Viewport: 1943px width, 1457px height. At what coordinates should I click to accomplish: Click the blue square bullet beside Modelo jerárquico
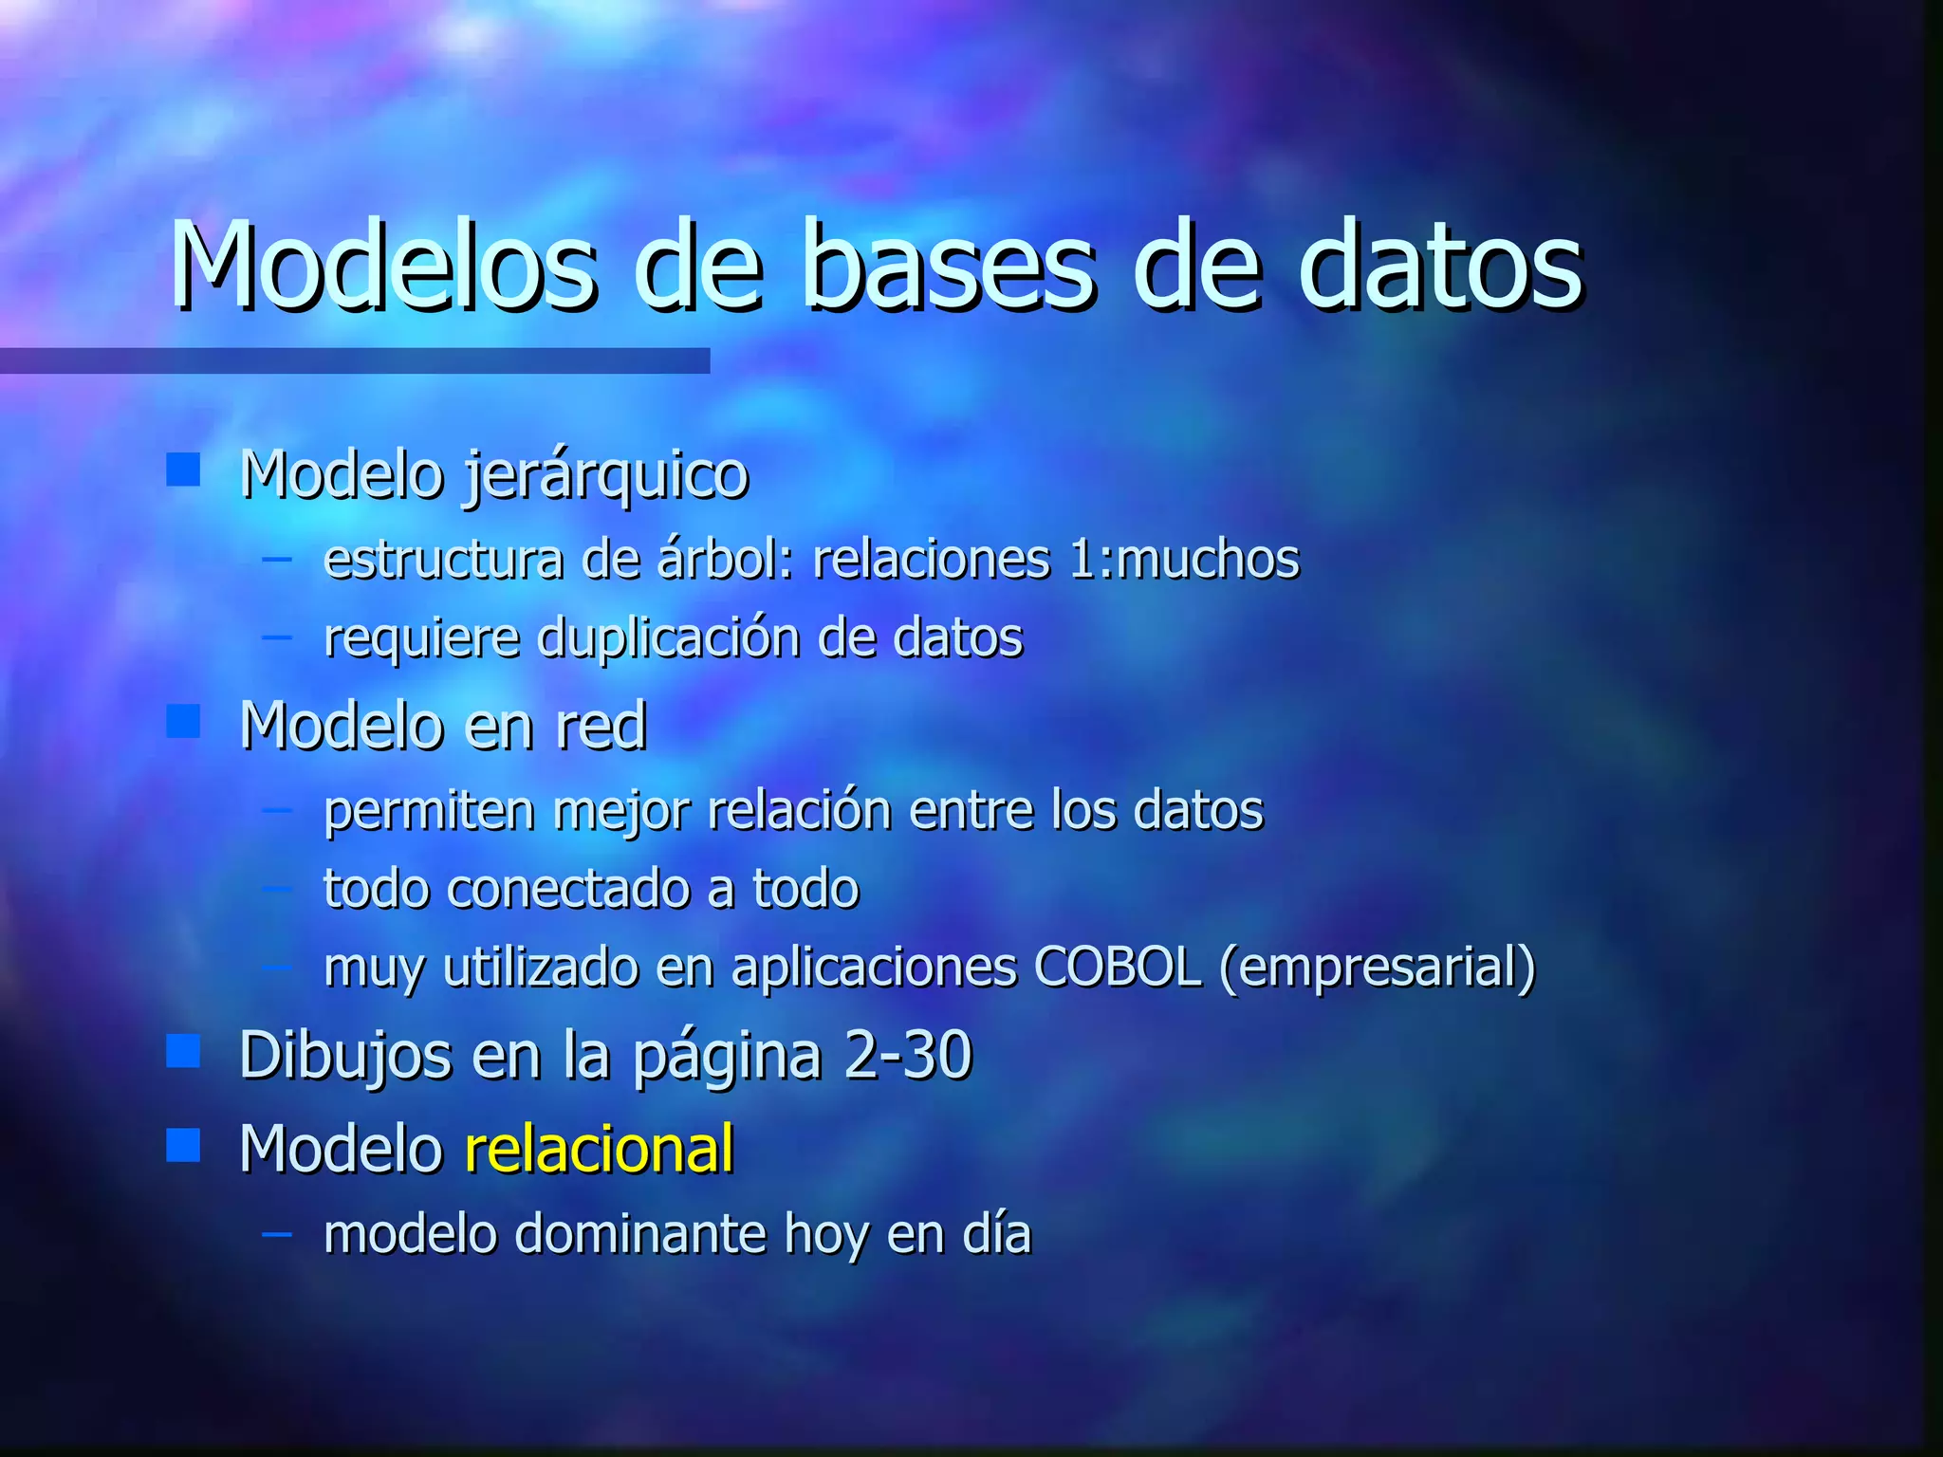point(183,469)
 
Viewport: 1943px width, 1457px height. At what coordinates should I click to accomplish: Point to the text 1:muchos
point(1184,560)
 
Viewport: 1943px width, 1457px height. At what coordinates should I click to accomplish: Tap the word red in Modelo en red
point(601,727)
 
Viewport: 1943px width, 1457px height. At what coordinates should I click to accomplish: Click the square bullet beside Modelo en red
point(183,721)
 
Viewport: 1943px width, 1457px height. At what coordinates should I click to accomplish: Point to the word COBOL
point(1118,968)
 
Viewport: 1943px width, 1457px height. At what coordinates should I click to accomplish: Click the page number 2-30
point(908,1055)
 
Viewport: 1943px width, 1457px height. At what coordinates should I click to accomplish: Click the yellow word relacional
point(600,1149)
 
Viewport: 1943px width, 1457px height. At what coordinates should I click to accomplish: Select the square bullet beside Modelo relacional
point(183,1145)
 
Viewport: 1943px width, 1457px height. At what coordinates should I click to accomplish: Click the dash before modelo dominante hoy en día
point(277,1234)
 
